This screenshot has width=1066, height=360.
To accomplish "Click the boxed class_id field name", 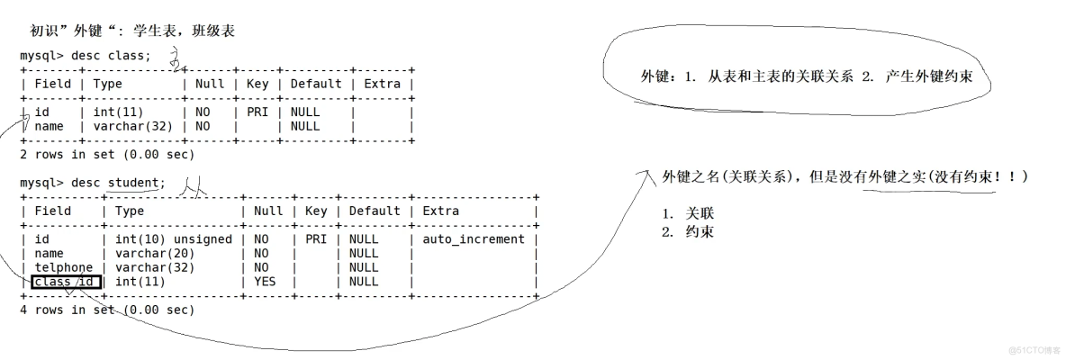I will pyautogui.click(x=67, y=282).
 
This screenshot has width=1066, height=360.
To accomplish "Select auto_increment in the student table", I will pyautogui.click(x=473, y=239).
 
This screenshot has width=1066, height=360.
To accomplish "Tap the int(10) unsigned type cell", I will pyautogui.click(x=173, y=239).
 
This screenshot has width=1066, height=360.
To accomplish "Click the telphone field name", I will pyautogui.click(x=63, y=267).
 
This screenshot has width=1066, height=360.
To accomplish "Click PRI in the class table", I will pyautogui.click(x=257, y=112).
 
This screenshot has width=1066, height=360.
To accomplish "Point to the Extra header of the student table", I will pyautogui.click(x=440, y=211).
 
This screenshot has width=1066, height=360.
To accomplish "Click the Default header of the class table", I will pyautogui.click(x=315, y=84).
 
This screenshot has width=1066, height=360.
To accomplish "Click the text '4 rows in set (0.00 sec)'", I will pyautogui.click(x=106, y=310).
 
